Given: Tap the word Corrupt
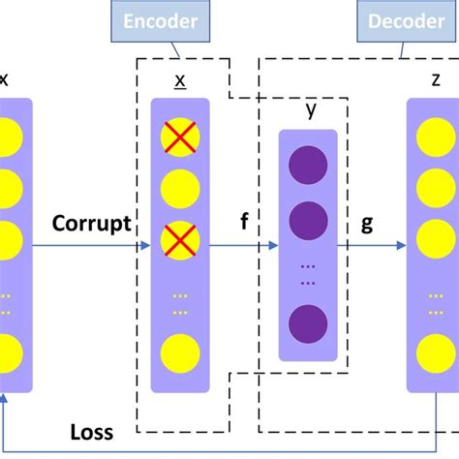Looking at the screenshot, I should click(92, 225).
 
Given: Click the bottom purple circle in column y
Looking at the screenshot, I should click(308, 321).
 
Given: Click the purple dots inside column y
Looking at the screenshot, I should click(308, 274).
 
